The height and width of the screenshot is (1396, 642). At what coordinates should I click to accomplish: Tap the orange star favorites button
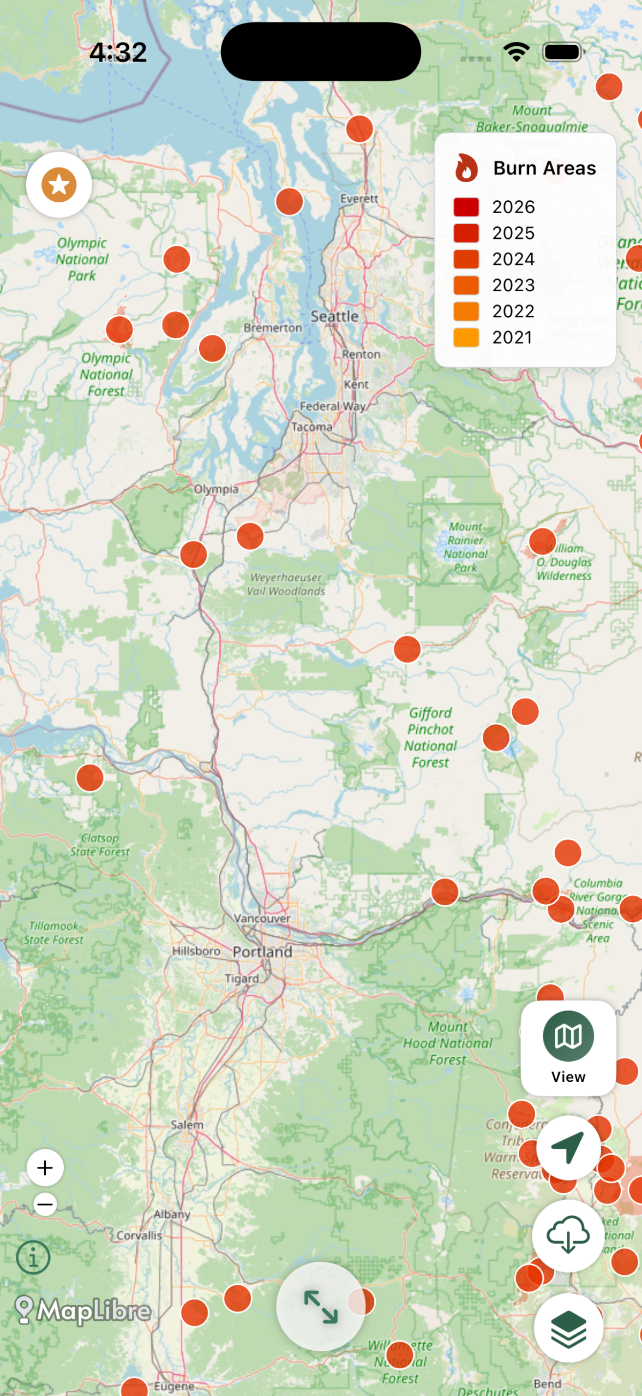(x=59, y=185)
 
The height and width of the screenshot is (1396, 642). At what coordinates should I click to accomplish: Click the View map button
(x=568, y=1048)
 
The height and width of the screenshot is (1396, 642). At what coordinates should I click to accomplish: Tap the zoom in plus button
(x=45, y=1168)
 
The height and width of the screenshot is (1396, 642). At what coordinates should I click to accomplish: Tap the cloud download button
(x=568, y=1235)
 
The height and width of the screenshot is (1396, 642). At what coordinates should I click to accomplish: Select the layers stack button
(x=568, y=1327)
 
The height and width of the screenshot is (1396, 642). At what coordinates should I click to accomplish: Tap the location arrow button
(x=568, y=1147)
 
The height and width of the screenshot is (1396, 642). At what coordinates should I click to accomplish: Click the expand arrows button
(x=321, y=1307)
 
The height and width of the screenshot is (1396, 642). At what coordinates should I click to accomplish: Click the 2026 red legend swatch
(x=466, y=207)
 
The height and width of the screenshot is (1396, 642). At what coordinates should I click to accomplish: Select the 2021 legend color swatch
(x=466, y=338)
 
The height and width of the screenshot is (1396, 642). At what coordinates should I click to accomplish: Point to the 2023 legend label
(x=513, y=285)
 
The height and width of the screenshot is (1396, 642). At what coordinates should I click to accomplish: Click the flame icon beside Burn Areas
(x=466, y=168)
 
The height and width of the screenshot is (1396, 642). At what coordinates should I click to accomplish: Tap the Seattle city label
(x=334, y=316)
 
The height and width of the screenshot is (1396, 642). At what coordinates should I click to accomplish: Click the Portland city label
(x=262, y=952)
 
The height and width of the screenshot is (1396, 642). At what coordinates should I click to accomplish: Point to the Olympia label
(x=216, y=489)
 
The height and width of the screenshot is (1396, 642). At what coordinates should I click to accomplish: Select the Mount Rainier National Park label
(x=465, y=547)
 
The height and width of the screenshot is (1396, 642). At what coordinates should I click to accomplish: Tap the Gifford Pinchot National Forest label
(x=430, y=737)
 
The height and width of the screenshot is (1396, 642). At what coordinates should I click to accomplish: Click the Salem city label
(x=187, y=1125)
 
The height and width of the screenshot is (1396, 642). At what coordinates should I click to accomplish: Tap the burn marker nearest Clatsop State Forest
(x=90, y=778)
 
